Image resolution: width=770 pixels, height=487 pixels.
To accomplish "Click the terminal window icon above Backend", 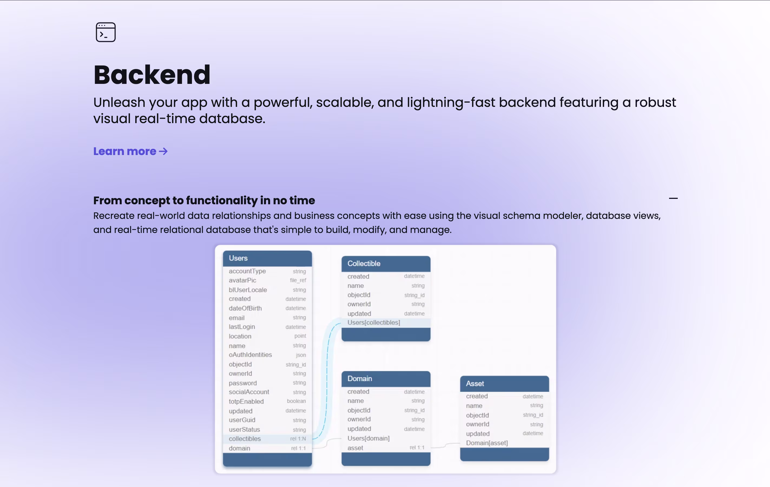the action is point(106,32).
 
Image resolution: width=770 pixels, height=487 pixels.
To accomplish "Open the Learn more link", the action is point(130,151).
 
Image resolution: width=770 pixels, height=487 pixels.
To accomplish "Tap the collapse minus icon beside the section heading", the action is point(673,198).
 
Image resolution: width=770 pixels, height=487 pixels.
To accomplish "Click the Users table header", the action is point(267,258).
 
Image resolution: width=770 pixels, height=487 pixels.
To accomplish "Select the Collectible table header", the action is point(386,264).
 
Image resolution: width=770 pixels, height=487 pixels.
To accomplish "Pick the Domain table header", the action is point(386,379).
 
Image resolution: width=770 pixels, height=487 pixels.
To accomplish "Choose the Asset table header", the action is point(505,384).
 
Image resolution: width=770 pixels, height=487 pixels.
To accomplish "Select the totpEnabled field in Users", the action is point(246,402).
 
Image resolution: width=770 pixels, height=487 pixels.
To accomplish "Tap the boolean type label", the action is point(297,401).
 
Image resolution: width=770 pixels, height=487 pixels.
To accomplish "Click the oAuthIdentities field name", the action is point(250,355).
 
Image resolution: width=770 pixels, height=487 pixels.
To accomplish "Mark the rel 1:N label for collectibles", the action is point(298,439).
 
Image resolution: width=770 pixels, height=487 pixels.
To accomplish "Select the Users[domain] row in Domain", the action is point(368,438).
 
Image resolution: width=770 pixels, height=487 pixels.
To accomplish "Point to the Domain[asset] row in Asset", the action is point(487,443).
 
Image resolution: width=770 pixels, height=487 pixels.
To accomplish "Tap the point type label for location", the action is point(300,336).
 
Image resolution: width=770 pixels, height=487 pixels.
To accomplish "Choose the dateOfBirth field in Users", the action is point(245,308).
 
